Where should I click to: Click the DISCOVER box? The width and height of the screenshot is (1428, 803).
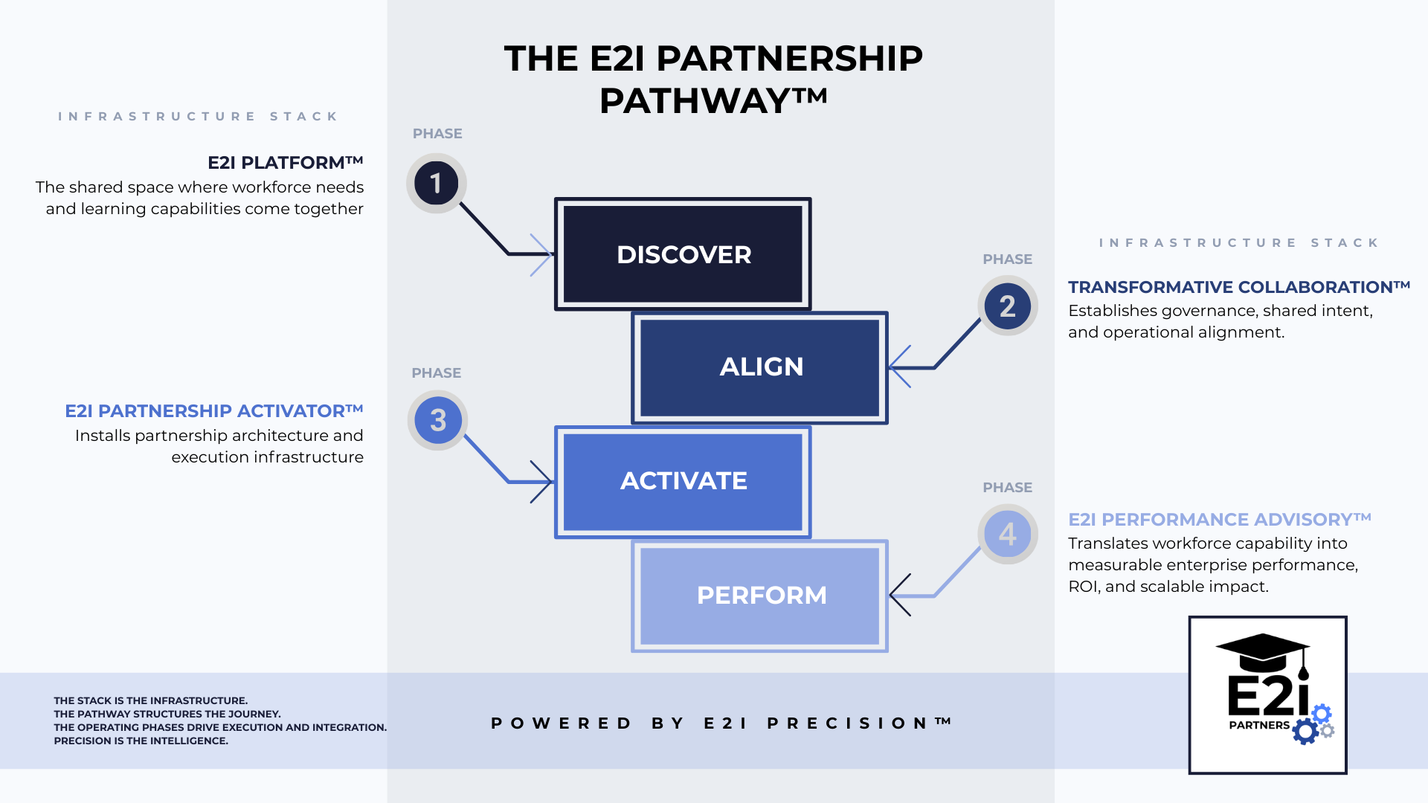(x=683, y=254)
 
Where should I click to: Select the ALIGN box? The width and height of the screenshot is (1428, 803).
(x=760, y=367)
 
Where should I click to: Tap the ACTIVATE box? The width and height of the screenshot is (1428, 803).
(x=683, y=481)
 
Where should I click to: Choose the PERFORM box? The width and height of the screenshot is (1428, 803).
(x=760, y=596)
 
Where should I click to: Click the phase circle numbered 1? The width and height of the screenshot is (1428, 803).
(x=437, y=183)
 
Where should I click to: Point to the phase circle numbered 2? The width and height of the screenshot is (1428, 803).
(x=1008, y=306)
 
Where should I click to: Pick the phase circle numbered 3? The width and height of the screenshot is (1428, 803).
(x=438, y=420)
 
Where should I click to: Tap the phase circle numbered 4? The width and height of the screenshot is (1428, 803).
(x=1008, y=534)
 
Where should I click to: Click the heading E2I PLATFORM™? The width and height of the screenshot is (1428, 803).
(x=285, y=163)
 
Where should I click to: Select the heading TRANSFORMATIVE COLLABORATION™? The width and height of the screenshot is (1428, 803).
(x=1238, y=287)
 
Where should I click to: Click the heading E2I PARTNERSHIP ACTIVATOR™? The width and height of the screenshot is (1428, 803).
(x=214, y=411)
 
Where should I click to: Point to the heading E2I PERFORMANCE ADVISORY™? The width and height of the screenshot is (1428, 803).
(x=1219, y=520)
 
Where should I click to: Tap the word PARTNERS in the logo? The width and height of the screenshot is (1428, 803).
(x=1259, y=725)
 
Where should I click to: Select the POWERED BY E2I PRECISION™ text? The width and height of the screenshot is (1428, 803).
(x=721, y=723)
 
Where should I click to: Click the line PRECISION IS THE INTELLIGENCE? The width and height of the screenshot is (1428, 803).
(x=141, y=741)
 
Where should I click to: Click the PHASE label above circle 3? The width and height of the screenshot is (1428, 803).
(x=437, y=373)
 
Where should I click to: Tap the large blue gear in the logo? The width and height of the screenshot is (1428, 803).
(x=1305, y=731)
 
